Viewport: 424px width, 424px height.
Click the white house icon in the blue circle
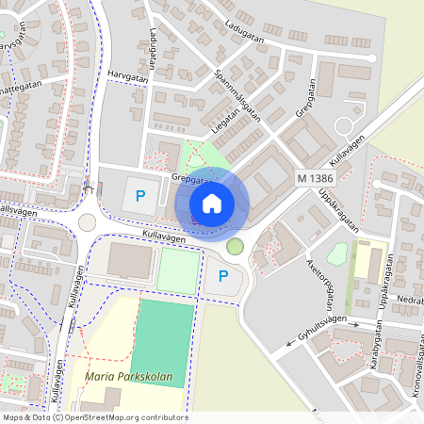[x=212, y=203]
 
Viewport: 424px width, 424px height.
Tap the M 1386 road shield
[x=314, y=177]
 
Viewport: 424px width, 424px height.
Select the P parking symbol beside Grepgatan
[x=140, y=196]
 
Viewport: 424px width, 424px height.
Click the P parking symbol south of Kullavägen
[x=223, y=276]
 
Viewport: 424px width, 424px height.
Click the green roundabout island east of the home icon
[x=235, y=247]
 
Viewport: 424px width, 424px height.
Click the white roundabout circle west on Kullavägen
[x=88, y=222]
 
